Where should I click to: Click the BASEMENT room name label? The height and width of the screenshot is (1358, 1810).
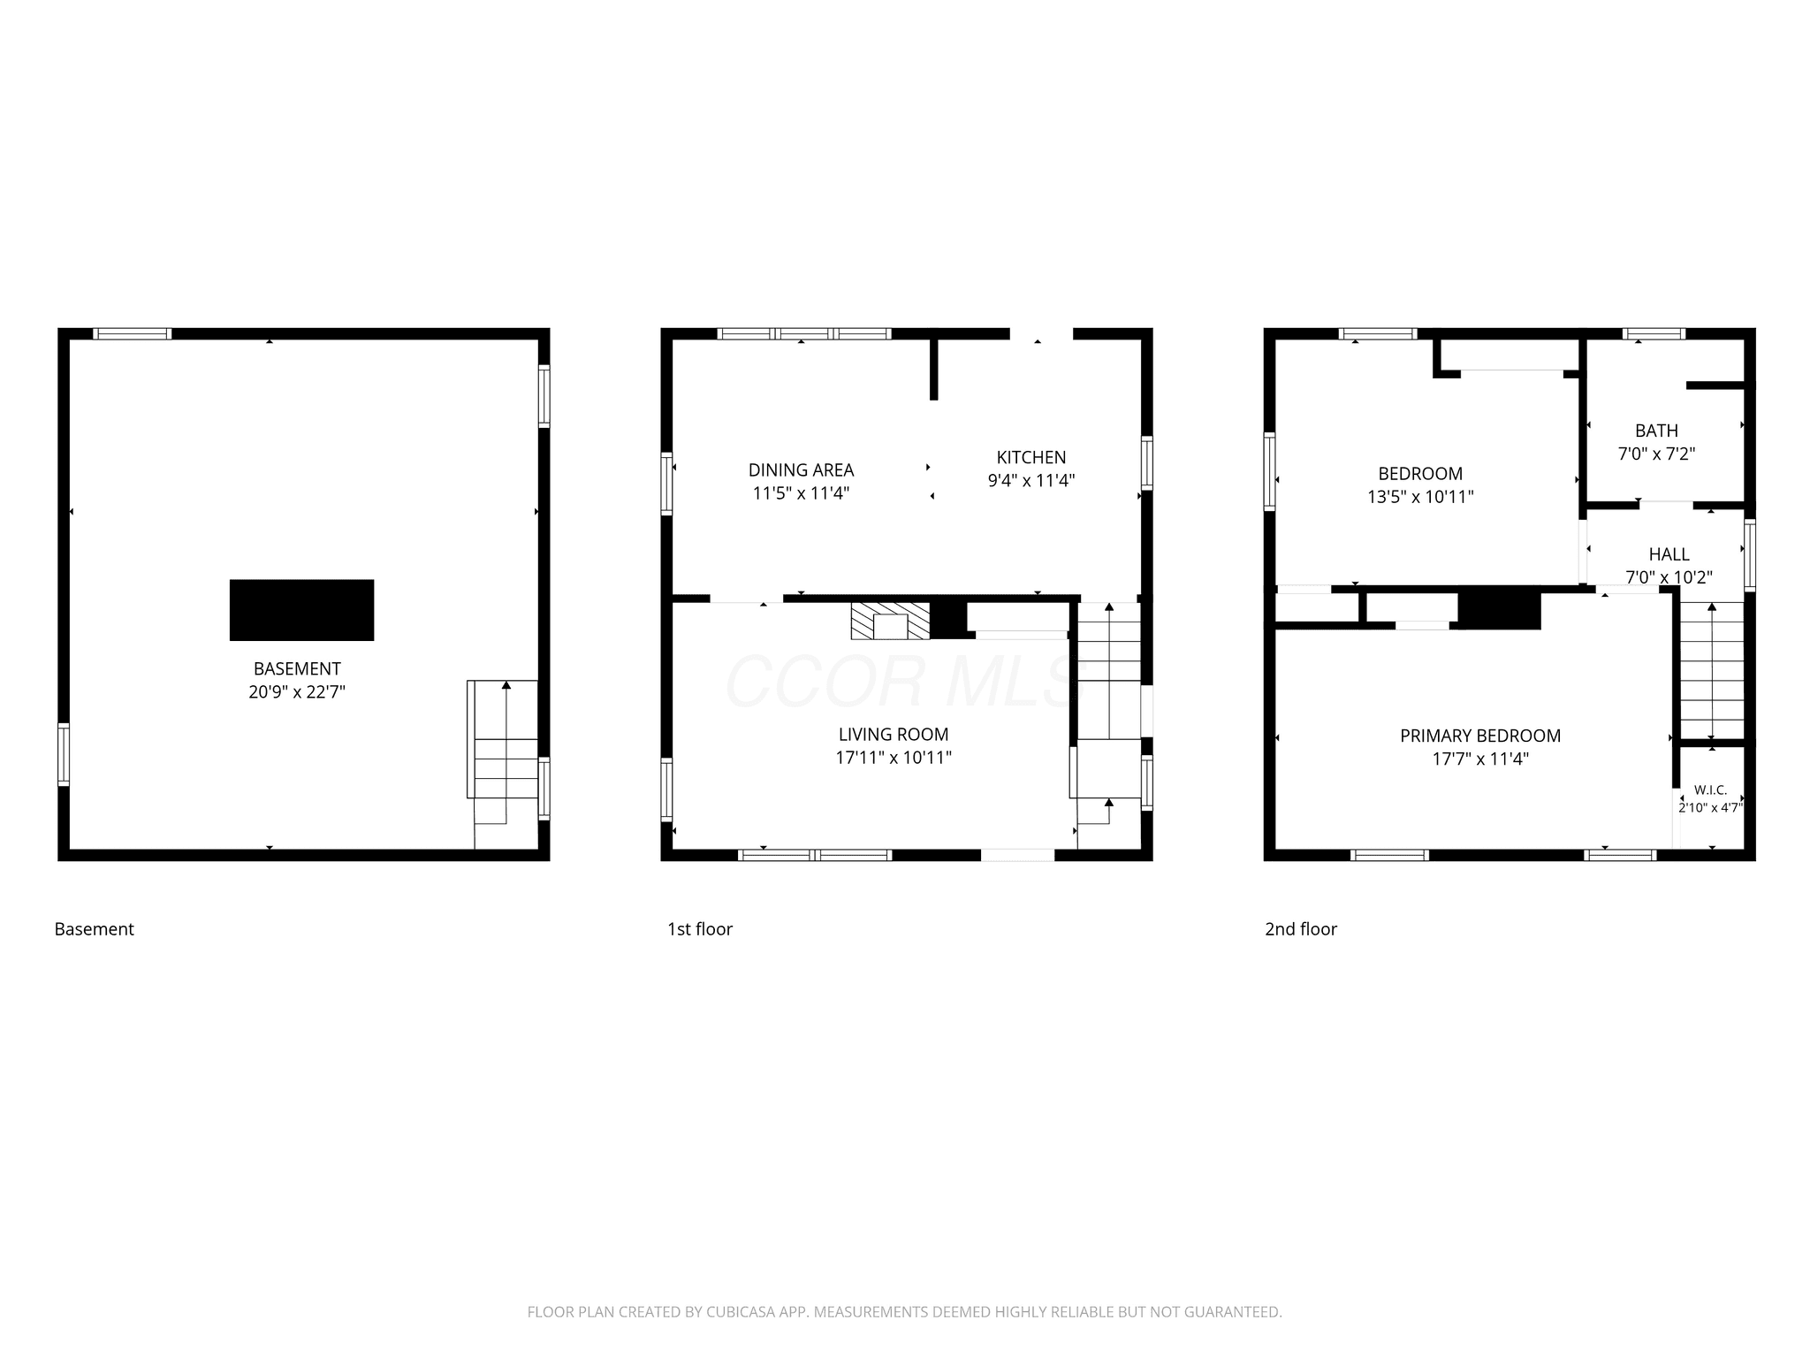click(297, 669)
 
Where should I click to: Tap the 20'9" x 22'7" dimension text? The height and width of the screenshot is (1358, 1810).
click(297, 692)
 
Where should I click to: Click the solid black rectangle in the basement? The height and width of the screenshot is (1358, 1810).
click(301, 610)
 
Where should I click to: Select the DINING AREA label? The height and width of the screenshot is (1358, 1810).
click(802, 470)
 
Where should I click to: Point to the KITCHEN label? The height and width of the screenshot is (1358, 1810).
click(1031, 458)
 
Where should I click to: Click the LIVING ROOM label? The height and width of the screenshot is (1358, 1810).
click(894, 735)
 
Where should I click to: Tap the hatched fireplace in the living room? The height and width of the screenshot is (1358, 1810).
click(891, 621)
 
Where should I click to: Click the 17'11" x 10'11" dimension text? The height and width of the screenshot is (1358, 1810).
click(894, 758)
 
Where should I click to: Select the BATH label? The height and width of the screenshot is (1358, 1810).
click(1656, 431)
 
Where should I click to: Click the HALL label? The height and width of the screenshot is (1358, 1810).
click(1669, 555)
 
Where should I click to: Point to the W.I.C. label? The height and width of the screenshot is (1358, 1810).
click(1711, 790)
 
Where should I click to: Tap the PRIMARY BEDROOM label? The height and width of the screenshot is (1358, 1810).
click(1480, 736)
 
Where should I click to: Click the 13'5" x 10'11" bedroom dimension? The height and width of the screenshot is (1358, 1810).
click(1420, 497)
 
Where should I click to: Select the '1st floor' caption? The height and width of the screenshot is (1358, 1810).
click(700, 929)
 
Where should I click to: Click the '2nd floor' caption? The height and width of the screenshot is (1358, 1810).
click(1301, 929)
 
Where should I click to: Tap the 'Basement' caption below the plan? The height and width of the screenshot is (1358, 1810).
click(95, 929)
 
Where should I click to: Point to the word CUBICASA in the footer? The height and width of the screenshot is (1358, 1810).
click(740, 1312)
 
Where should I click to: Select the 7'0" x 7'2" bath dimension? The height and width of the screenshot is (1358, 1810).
click(1656, 454)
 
